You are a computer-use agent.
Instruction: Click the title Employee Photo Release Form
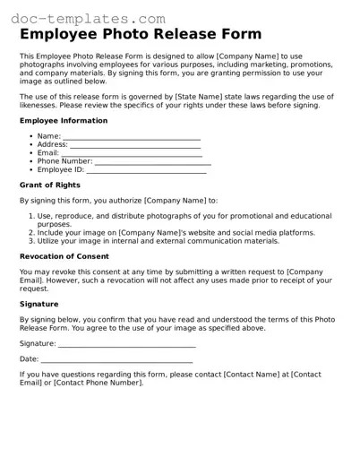pyautogui.click(x=140, y=35)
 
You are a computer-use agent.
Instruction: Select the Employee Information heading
pyautogui.click(x=63, y=120)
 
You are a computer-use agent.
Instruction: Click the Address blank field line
pyautogui.click(x=134, y=145)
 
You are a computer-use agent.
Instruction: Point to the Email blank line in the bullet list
pyautogui.click(x=131, y=154)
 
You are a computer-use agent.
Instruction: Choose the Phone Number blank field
pyautogui.click(x=152, y=162)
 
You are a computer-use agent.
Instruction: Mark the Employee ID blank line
pyautogui.click(x=146, y=170)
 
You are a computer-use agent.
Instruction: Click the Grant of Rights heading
pyautogui.click(x=49, y=186)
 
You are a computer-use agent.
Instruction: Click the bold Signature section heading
pyautogui.click(x=39, y=304)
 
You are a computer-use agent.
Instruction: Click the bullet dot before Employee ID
pyautogui.click(x=30, y=169)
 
